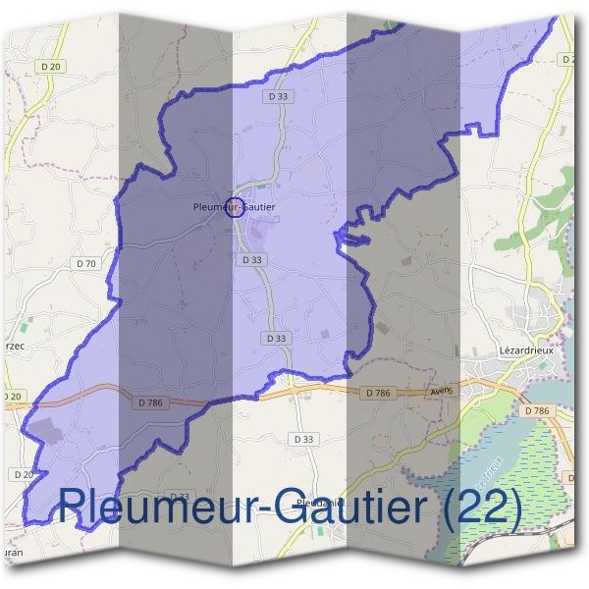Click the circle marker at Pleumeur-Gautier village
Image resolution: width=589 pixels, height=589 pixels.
(x=235, y=207)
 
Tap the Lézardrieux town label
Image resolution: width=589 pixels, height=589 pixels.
(x=528, y=349)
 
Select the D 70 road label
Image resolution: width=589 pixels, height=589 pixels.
(x=86, y=263)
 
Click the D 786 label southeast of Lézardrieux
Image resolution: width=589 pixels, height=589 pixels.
(x=536, y=410)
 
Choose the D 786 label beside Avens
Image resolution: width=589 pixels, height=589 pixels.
(x=378, y=393)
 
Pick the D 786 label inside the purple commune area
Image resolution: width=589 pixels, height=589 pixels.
(x=150, y=402)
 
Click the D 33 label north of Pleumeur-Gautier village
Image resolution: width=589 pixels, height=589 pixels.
(x=278, y=97)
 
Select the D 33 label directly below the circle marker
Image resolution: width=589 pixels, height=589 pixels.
(x=251, y=260)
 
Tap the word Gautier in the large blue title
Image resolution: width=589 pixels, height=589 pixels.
(x=327, y=508)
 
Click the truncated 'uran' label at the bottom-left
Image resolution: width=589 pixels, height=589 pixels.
(x=12, y=554)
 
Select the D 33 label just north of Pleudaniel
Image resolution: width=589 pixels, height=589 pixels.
(x=304, y=439)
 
